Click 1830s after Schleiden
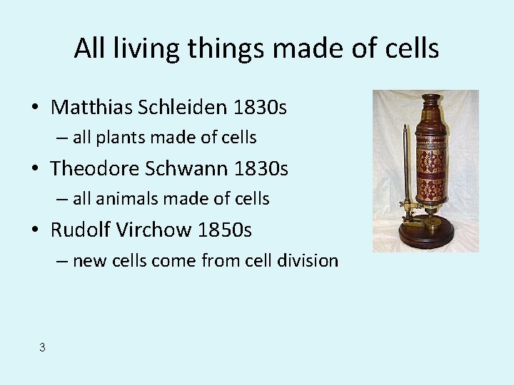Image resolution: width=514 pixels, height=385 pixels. [260, 108]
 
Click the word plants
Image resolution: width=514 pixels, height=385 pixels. [124, 138]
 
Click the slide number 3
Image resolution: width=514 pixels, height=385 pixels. [42, 347]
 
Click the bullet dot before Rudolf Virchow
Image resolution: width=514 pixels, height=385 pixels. [35, 231]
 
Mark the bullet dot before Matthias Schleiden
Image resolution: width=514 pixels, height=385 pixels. [35, 108]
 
